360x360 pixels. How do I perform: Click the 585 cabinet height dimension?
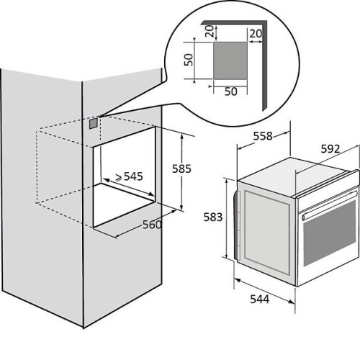click(181, 168)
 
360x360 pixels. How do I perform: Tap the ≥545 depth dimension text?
click(130, 176)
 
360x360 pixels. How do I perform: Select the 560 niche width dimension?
click(152, 225)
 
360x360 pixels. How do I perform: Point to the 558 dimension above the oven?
click(263, 136)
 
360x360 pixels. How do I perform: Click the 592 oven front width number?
click(330, 149)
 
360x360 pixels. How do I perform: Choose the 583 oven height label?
click(213, 217)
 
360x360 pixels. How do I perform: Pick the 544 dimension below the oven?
click(260, 300)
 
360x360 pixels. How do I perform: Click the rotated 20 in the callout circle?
click(210, 31)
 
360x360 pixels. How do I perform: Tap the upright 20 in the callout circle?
click(256, 34)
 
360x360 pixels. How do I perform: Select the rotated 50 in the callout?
click(189, 60)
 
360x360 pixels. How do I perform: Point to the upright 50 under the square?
click(231, 91)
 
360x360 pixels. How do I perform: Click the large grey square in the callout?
click(230, 60)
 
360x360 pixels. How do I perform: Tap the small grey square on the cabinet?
click(94, 124)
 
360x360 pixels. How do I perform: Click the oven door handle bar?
click(330, 204)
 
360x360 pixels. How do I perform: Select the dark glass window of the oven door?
click(330, 233)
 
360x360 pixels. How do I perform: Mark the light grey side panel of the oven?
click(267, 233)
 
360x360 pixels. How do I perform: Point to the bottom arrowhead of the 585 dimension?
click(181, 207)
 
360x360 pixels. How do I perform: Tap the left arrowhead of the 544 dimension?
click(238, 280)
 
